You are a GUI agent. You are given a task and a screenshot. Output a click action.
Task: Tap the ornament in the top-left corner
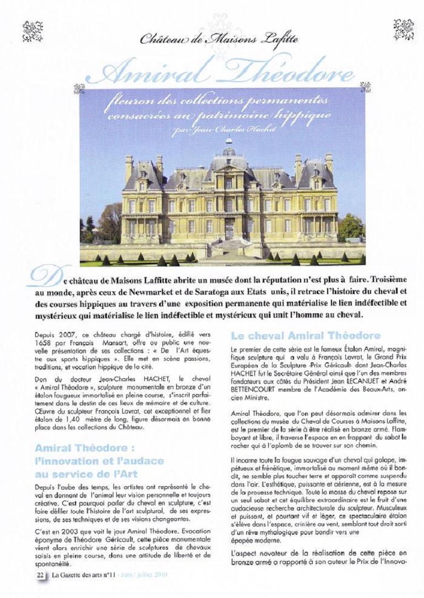32,31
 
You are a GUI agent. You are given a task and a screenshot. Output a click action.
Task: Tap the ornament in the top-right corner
403,29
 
